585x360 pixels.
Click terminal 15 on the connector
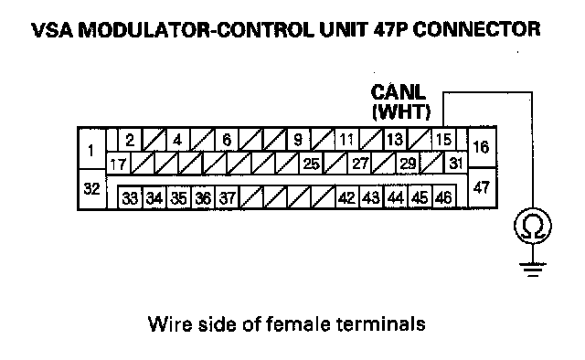(443, 140)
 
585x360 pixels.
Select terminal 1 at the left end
(91, 149)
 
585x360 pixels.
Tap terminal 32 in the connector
(91, 189)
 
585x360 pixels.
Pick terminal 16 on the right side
(482, 147)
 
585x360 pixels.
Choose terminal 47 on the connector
(482, 187)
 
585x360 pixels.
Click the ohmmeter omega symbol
(532, 226)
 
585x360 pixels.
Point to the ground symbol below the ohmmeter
(532, 270)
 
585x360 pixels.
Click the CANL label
(398, 92)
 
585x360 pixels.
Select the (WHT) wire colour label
(401, 111)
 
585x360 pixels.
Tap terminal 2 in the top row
(130, 140)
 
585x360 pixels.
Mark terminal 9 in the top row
(298, 140)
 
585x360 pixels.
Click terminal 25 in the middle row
(311, 164)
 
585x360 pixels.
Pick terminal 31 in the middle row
(455, 163)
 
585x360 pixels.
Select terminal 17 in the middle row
(118, 164)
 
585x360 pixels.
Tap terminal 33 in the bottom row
(130, 197)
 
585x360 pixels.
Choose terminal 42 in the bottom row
(347, 197)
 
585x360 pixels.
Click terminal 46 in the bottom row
(443, 197)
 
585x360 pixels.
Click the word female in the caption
(298, 323)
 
